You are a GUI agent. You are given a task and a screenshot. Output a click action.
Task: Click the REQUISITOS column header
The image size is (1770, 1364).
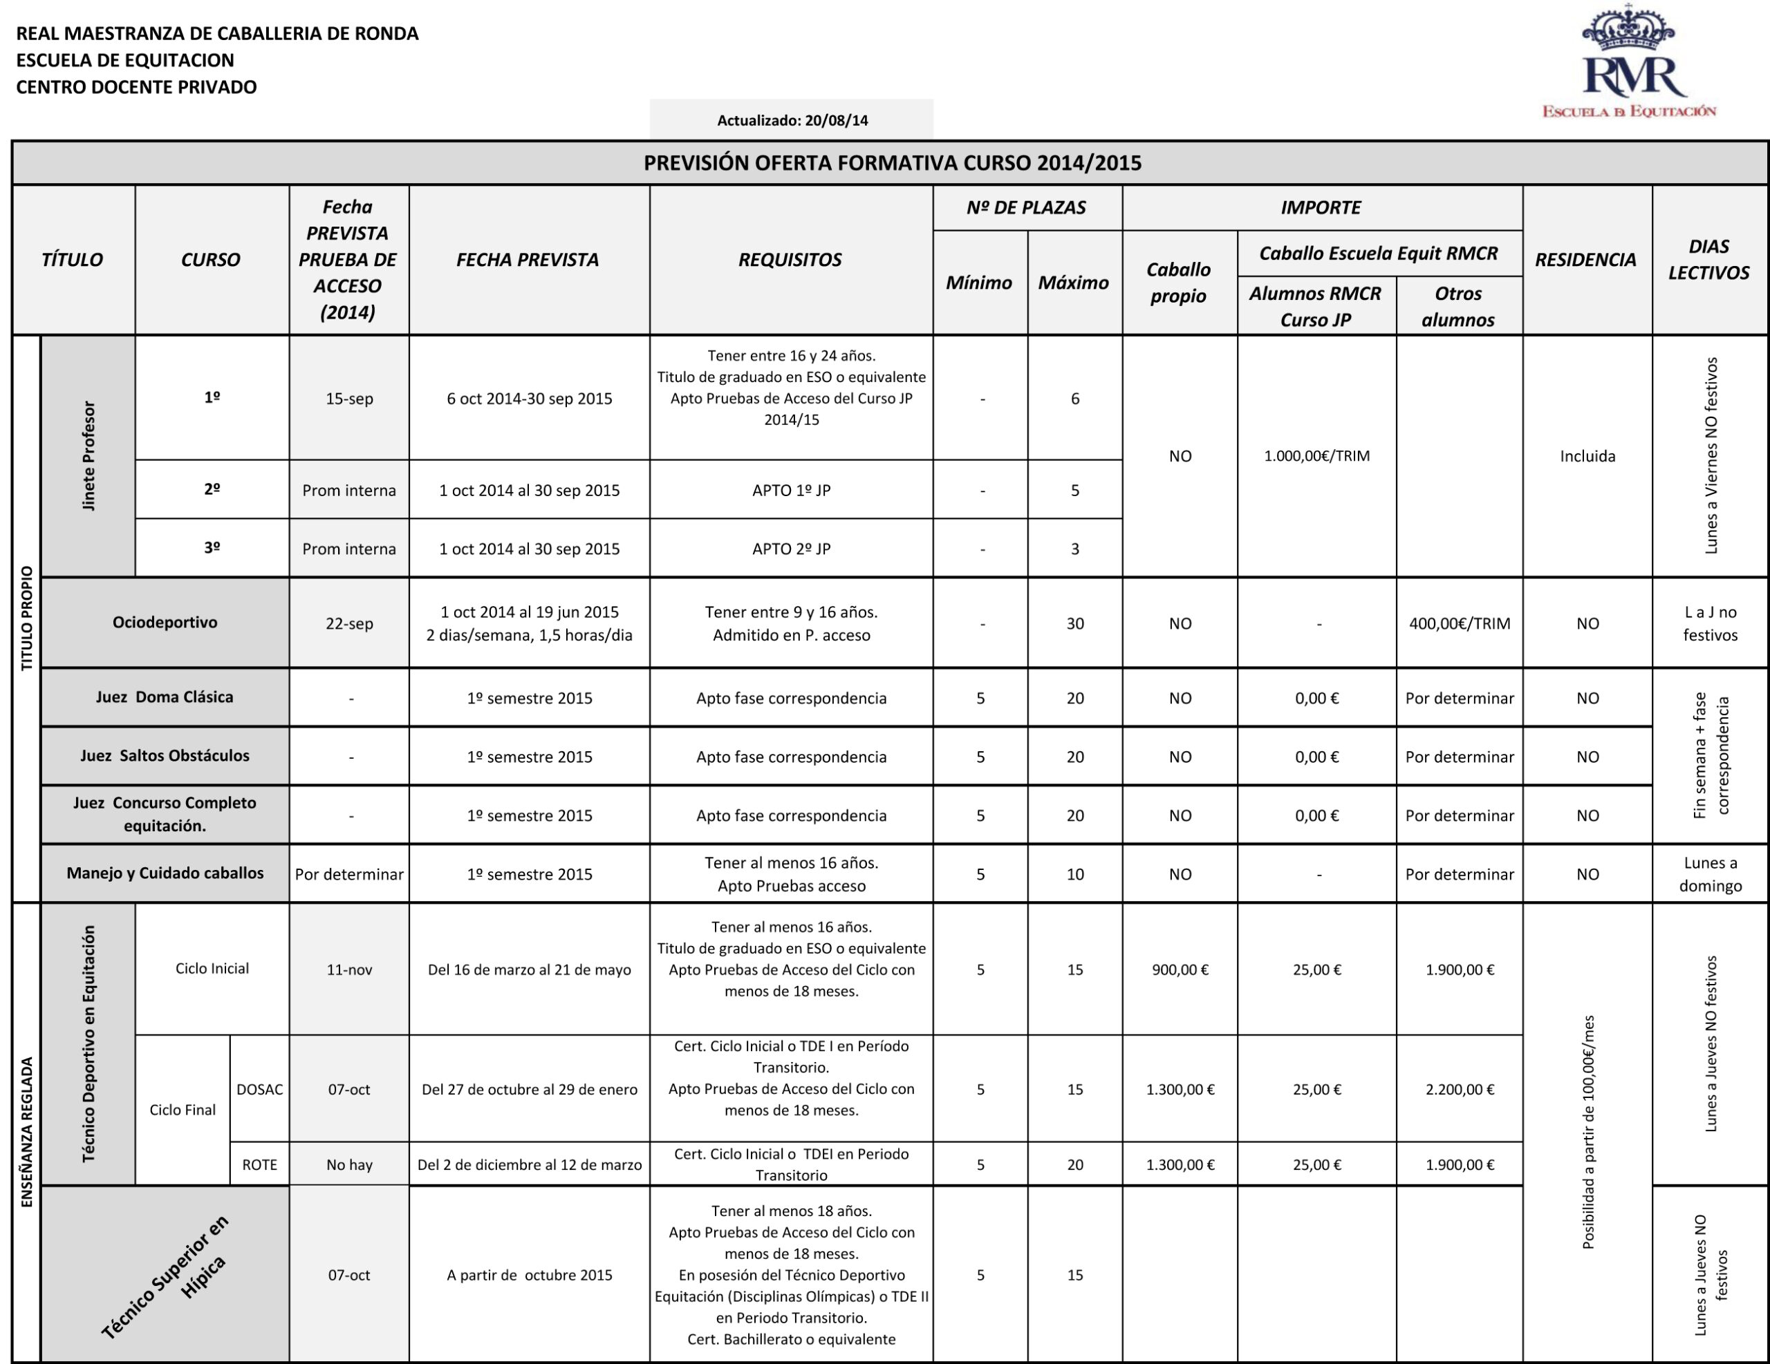click(790, 260)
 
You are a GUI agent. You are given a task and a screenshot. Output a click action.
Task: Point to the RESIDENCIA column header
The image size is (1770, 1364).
click(1585, 260)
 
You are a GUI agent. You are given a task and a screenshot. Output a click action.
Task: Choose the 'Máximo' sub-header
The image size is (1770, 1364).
click(1073, 283)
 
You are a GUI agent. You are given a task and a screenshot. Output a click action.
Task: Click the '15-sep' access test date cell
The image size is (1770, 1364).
click(349, 399)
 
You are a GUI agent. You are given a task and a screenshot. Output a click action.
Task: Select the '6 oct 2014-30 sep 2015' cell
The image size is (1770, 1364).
click(529, 399)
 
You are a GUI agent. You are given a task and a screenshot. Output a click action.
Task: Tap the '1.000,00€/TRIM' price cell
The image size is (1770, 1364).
click(1316, 456)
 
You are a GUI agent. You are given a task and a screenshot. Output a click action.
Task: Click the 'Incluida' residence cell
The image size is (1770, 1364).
click(1587, 456)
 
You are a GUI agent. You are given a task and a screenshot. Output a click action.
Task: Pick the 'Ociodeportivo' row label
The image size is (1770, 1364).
click(165, 623)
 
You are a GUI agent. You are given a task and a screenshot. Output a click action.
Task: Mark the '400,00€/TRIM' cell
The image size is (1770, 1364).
click(1459, 624)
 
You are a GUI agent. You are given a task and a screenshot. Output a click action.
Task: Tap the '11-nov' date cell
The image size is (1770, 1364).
click(349, 969)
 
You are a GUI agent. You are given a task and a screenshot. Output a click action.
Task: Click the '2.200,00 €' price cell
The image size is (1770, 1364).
click(1459, 1090)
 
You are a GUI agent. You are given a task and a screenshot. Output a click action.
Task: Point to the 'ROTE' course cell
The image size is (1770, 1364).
click(259, 1165)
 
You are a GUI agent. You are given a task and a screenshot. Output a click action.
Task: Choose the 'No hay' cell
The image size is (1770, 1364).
click(349, 1165)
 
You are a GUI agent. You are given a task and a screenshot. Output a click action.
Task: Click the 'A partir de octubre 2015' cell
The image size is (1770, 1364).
click(529, 1275)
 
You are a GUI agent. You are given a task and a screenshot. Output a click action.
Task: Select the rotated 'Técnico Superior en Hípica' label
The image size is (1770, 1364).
click(166, 1275)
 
